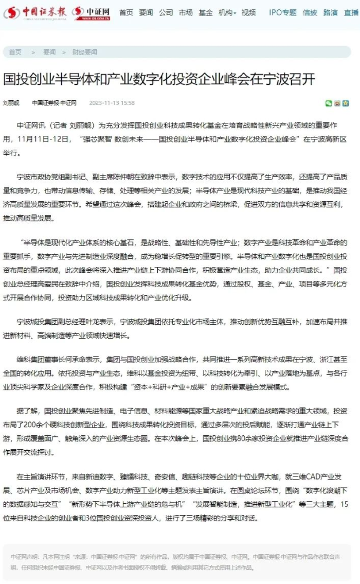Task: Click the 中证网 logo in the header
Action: click(92, 13)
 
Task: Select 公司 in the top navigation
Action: click(166, 12)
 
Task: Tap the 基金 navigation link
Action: click(205, 12)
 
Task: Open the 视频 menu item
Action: click(248, 12)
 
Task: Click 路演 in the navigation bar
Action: click(331, 12)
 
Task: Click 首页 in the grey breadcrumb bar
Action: click(15, 52)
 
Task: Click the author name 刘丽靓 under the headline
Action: click(11, 103)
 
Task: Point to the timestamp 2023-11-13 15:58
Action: click(112, 103)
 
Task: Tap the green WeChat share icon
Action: click(329, 103)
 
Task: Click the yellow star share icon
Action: click(346, 103)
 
